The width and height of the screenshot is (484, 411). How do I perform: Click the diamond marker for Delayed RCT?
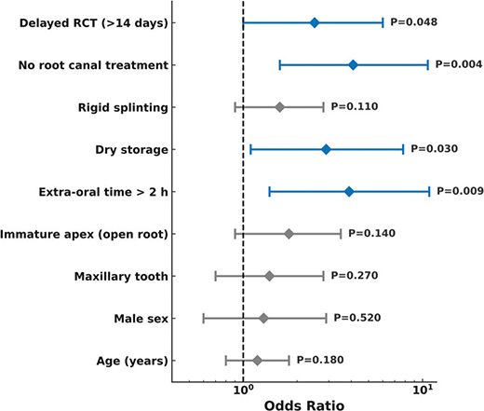click(x=315, y=22)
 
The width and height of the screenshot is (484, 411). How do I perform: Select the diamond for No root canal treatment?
click(x=353, y=65)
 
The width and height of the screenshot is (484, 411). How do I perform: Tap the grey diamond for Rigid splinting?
click(x=280, y=107)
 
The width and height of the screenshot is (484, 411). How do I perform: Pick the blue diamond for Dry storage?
click(x=326, y=149)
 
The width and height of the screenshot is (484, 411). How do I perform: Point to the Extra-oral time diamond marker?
click(x=349, y=192)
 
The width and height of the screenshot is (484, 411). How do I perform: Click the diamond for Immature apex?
click(x=289, y=234)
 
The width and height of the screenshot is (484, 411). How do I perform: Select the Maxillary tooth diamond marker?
click(x=269, y=276)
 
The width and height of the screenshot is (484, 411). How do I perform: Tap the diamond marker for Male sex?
click(x=263, y=319)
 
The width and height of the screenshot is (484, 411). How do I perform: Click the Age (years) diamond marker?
click(x=257, y=361)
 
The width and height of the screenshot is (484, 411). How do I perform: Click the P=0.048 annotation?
click(x=414, y=22)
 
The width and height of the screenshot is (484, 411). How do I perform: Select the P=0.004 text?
click(x=459, y=64)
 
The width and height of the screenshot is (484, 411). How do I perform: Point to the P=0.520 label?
click(x=357, y=318)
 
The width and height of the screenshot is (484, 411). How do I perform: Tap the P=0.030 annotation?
click(x=435, y=149)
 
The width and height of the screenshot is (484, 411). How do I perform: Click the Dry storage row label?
click(x=131, y=150)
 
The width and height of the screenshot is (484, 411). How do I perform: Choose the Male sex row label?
click(x=141, y=319)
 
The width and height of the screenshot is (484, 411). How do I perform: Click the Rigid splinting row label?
click(x=123, y=108)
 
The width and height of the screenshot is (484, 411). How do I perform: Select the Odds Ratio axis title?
click(x=304, y=405)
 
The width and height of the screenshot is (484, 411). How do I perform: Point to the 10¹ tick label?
click(x=423, y=390)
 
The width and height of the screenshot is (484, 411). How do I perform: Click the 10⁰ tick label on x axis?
click(x=244, y=390)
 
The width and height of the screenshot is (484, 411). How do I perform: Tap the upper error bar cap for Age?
click(x=289, y=361)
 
